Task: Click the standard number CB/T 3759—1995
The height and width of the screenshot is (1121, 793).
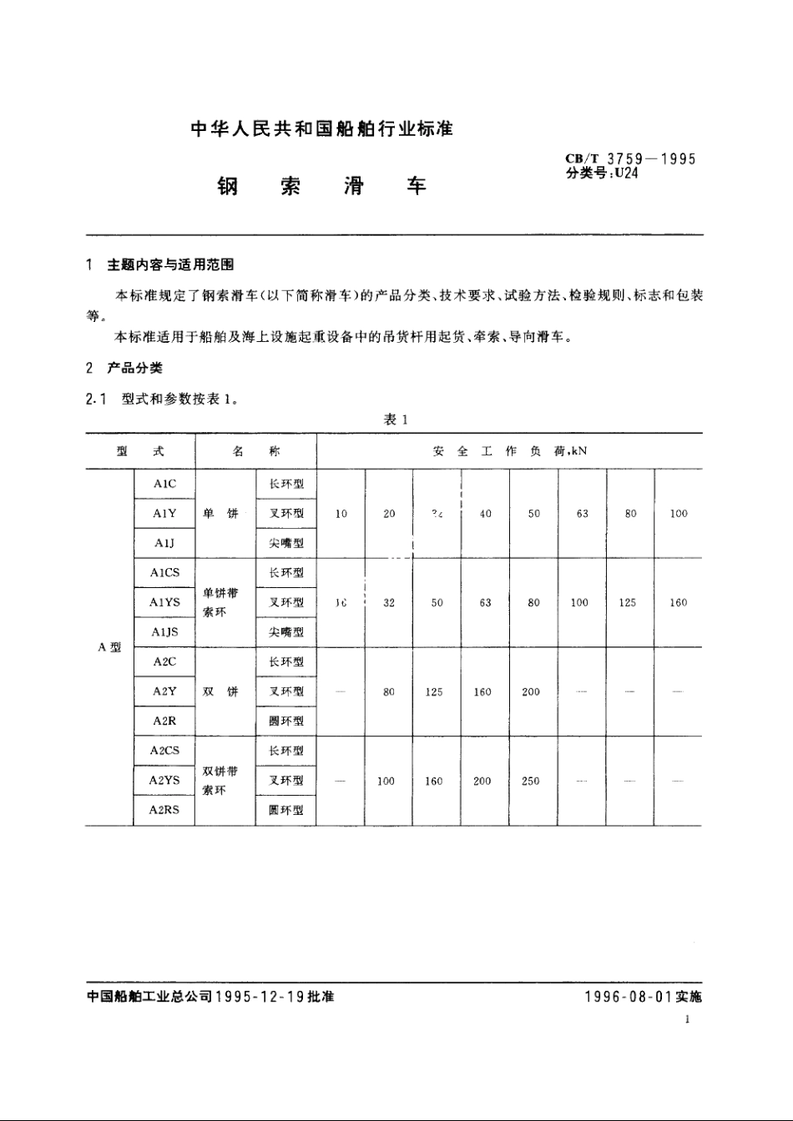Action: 630,159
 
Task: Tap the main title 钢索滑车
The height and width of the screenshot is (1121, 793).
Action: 321,185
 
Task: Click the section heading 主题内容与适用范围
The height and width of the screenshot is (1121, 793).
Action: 170,264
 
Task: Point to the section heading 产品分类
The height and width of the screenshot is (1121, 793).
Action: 134,368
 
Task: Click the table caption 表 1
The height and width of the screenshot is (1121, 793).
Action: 395,420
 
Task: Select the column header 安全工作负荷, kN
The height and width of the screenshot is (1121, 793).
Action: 509,451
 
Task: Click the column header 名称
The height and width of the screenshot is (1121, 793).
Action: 255,451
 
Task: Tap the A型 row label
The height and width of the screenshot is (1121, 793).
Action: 109,647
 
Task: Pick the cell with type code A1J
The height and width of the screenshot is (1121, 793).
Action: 164,543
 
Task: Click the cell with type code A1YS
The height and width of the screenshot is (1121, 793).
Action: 164,602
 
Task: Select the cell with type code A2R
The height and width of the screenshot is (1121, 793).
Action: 164,721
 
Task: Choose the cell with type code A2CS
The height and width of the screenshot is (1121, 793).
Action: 164,751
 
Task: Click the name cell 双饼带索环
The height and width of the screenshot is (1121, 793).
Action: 220,780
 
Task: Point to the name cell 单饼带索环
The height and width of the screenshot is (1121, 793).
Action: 220,602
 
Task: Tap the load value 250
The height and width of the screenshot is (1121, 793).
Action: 531,782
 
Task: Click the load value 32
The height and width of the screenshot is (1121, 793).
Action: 389,602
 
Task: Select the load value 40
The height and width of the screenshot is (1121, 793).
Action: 486,514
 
